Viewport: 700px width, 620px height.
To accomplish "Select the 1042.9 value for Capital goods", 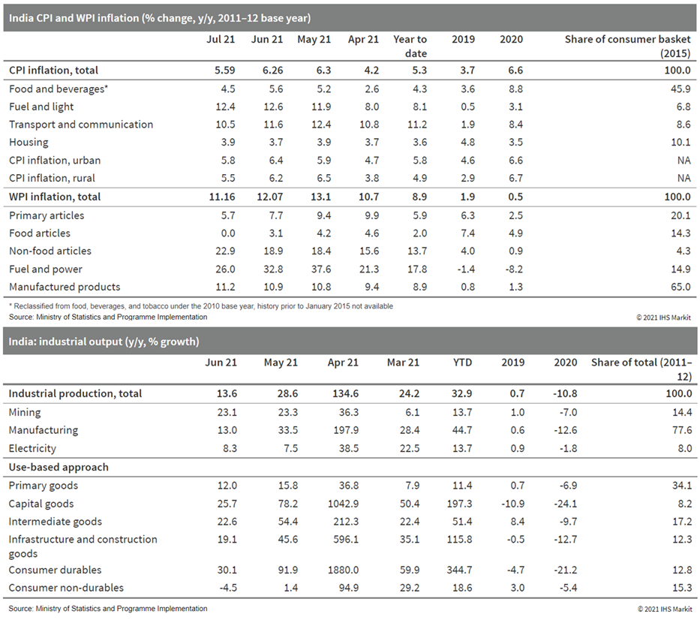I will coord(344,504).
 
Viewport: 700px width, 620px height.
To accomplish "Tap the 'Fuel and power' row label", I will coord(46,269).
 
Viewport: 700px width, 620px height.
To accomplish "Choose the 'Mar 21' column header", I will coord(404,363).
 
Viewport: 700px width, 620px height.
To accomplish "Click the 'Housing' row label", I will coord(29,142).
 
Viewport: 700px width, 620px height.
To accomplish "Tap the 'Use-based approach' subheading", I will coord(59,467).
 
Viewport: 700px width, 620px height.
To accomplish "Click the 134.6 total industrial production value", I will coord(344,393).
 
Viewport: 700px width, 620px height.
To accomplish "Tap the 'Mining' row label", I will coord(25,412).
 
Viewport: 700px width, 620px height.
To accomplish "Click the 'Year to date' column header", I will coord(410,46).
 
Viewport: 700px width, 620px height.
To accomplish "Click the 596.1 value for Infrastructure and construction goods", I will coord(344,539).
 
